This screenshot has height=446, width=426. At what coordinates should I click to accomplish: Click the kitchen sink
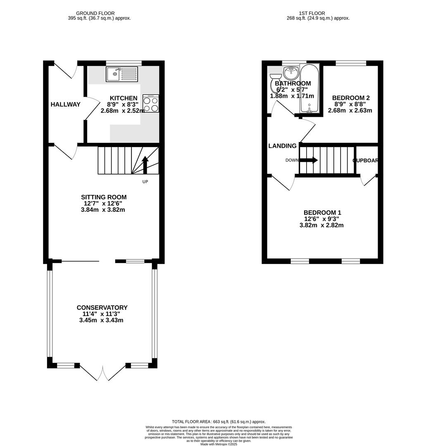pyautogui.click(x=122, y=74)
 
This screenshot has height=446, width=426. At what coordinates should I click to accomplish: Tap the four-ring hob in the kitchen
pyautogui.click(x=150, y=103)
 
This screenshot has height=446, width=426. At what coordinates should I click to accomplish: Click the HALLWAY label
pyautogui.click(x=65, y=104)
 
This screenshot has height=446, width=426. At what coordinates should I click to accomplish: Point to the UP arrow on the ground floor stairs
pyautogui.click(x=145, y=165)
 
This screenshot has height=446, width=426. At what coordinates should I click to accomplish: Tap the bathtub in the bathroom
pyautogui.click(x=309, y=89)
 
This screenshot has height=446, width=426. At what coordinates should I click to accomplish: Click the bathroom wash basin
pyautogui.click(x=292, y=74)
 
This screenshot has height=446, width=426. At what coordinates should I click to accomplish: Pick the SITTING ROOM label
pyautogui.click(x=104, y=197)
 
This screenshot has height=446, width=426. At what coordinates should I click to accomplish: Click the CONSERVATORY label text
pyautogui.click(x=102, y=308)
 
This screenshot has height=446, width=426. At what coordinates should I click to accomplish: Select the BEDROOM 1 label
pyautogui.click(x=322, y=213)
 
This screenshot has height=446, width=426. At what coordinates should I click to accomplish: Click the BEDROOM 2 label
pyautogui.click(x=351, y=98)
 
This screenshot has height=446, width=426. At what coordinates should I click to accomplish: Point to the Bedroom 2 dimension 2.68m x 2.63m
pyautogui.click(x=350, y=110)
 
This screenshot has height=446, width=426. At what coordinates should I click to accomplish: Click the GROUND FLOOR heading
pyautogui.click(x=95, y=13)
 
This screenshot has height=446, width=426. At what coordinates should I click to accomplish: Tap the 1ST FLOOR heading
pyautogui.click(x=312, y=13)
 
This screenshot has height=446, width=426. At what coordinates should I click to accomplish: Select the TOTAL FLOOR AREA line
pyautogui.click(x=219, y=422)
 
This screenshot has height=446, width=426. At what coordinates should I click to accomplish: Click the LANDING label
pyautogui.click(x=282, y=146)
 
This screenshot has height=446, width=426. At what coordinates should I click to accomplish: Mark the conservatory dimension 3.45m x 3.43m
pyautogui.click(x=101, y=320)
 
